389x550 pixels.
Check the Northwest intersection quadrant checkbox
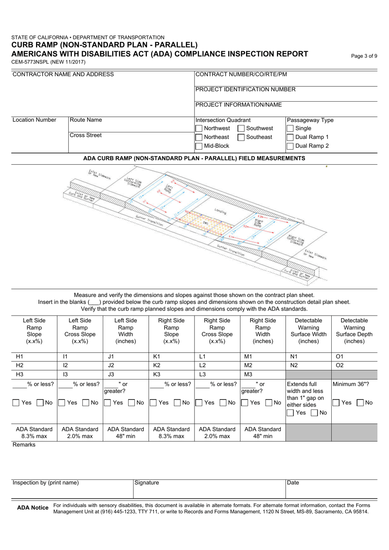(x=199, y=129)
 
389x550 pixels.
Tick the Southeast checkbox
(x=241, y=137)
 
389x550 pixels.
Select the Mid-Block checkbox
(x=199, y=146)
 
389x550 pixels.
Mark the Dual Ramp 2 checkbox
(x=290, y=146)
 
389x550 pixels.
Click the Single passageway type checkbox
(x=290, y=129)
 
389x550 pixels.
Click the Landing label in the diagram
(x=220, y=211)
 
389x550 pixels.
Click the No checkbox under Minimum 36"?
(x=359, y=403)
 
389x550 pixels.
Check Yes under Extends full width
(x=290, y=413)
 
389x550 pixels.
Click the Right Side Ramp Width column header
(x=262, y=330)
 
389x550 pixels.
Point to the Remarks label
(x=24, y=445)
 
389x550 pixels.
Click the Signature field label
(x=147, y=483)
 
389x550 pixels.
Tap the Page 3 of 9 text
(x=364, y=56)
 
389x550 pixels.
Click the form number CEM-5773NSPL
(x=48, y=62)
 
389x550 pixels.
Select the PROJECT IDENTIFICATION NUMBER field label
(x=245, y=89)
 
